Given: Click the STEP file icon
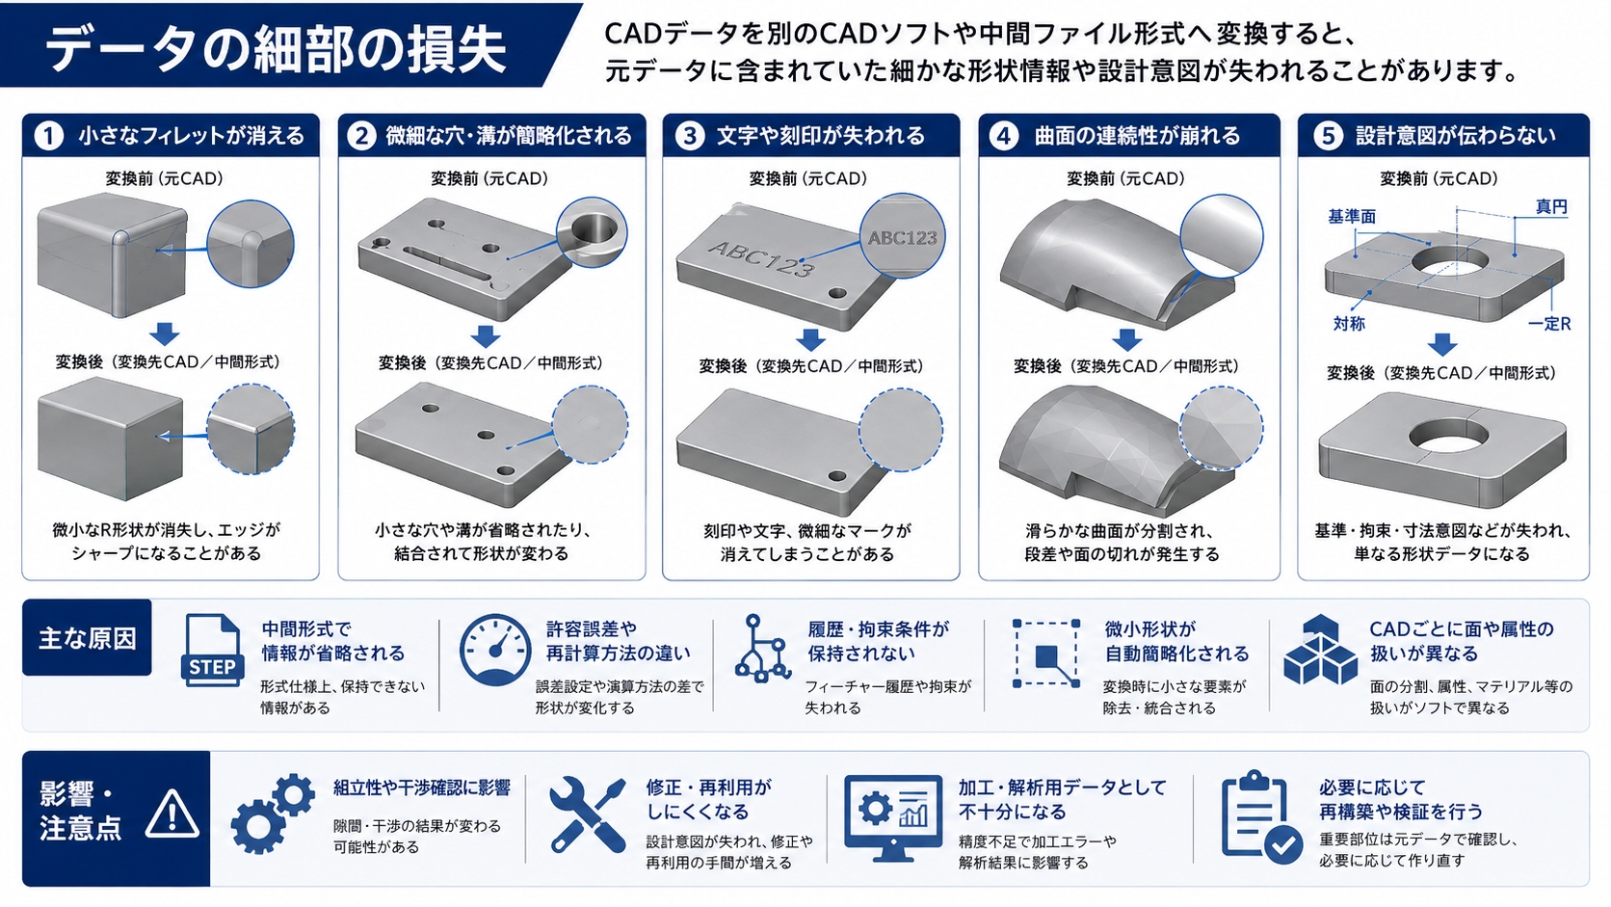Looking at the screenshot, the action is (x=211, y=651).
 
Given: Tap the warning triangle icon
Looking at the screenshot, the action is (x=172, y=814).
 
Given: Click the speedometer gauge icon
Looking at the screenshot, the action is (x=495, y=651).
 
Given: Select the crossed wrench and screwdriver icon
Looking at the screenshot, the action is (x=587, y=814).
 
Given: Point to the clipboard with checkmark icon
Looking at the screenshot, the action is (x=1261, y=817).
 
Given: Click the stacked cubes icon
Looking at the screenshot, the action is (x=1320, y=651).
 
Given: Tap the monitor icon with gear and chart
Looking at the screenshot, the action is (x=892, y=817).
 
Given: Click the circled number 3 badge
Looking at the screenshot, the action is (x=690, y=136).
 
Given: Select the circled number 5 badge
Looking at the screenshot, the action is (x=1329, y=136).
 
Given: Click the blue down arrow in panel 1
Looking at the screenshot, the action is (x=165, y=333).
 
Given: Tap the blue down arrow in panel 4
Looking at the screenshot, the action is (x=1127, y=339).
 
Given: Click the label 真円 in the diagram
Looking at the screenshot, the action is (x=1551, y=207).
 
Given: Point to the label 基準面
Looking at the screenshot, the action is (x=1352, y=217).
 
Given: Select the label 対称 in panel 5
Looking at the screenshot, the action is (x=1349, y=324).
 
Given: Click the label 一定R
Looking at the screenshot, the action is (x=1549, y=324).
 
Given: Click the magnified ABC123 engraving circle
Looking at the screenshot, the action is (x=903, y=236).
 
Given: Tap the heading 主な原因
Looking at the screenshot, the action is (x=87, y=639).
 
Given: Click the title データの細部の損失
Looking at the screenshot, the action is (x=276, y=49).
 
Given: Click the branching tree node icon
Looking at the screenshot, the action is (x=761, y=648).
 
